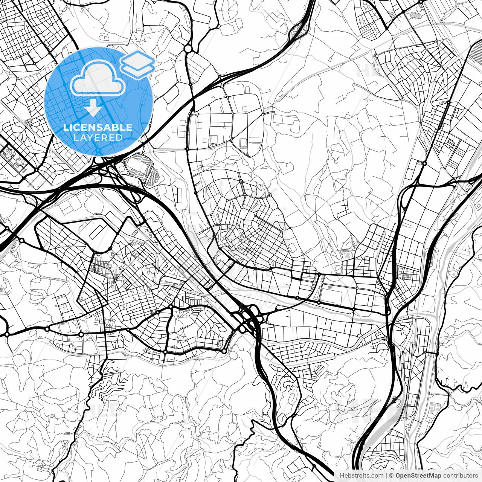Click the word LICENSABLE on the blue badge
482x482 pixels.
pos(98,128)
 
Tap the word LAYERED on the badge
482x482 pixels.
pos(98,138)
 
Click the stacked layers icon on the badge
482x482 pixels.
pos(137,64)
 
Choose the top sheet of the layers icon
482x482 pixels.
pos(137,59)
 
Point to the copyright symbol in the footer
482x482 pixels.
pos(392,476)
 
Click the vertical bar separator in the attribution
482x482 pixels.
pos(387,476)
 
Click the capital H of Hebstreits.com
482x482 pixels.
pos(342,476)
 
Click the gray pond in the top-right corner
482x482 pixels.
pos(416,15)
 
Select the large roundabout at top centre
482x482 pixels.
pos(188,49)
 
